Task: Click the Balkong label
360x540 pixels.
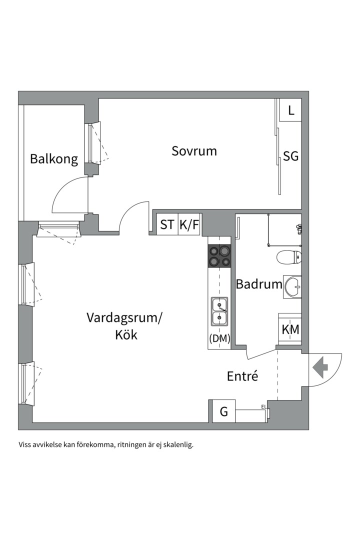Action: click(54, 159)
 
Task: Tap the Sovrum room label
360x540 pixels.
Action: click(194, 150)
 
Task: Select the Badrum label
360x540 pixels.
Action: click(259, 284)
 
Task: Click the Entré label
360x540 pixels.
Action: click(242, 376)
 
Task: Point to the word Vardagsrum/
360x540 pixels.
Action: click(124, 317)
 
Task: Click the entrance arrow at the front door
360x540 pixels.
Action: click(320, 368)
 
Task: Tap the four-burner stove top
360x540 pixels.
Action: click(219, 255)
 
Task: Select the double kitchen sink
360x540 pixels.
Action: click(219, 311)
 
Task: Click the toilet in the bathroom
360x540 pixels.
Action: click(289, 258)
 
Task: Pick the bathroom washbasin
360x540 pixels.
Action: click(292, 287)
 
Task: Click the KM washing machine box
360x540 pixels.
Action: click(290, 329)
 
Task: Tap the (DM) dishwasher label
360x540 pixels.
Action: click(219, 338)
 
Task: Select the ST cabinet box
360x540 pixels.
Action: click(167, 225)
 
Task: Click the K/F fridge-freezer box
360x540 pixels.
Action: click(189, 225)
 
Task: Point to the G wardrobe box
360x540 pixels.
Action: click(223, 412)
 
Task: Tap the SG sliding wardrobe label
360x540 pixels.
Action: click(290, 156)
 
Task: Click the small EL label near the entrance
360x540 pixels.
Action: click(263, 407)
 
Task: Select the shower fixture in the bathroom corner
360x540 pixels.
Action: click(299, 229)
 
